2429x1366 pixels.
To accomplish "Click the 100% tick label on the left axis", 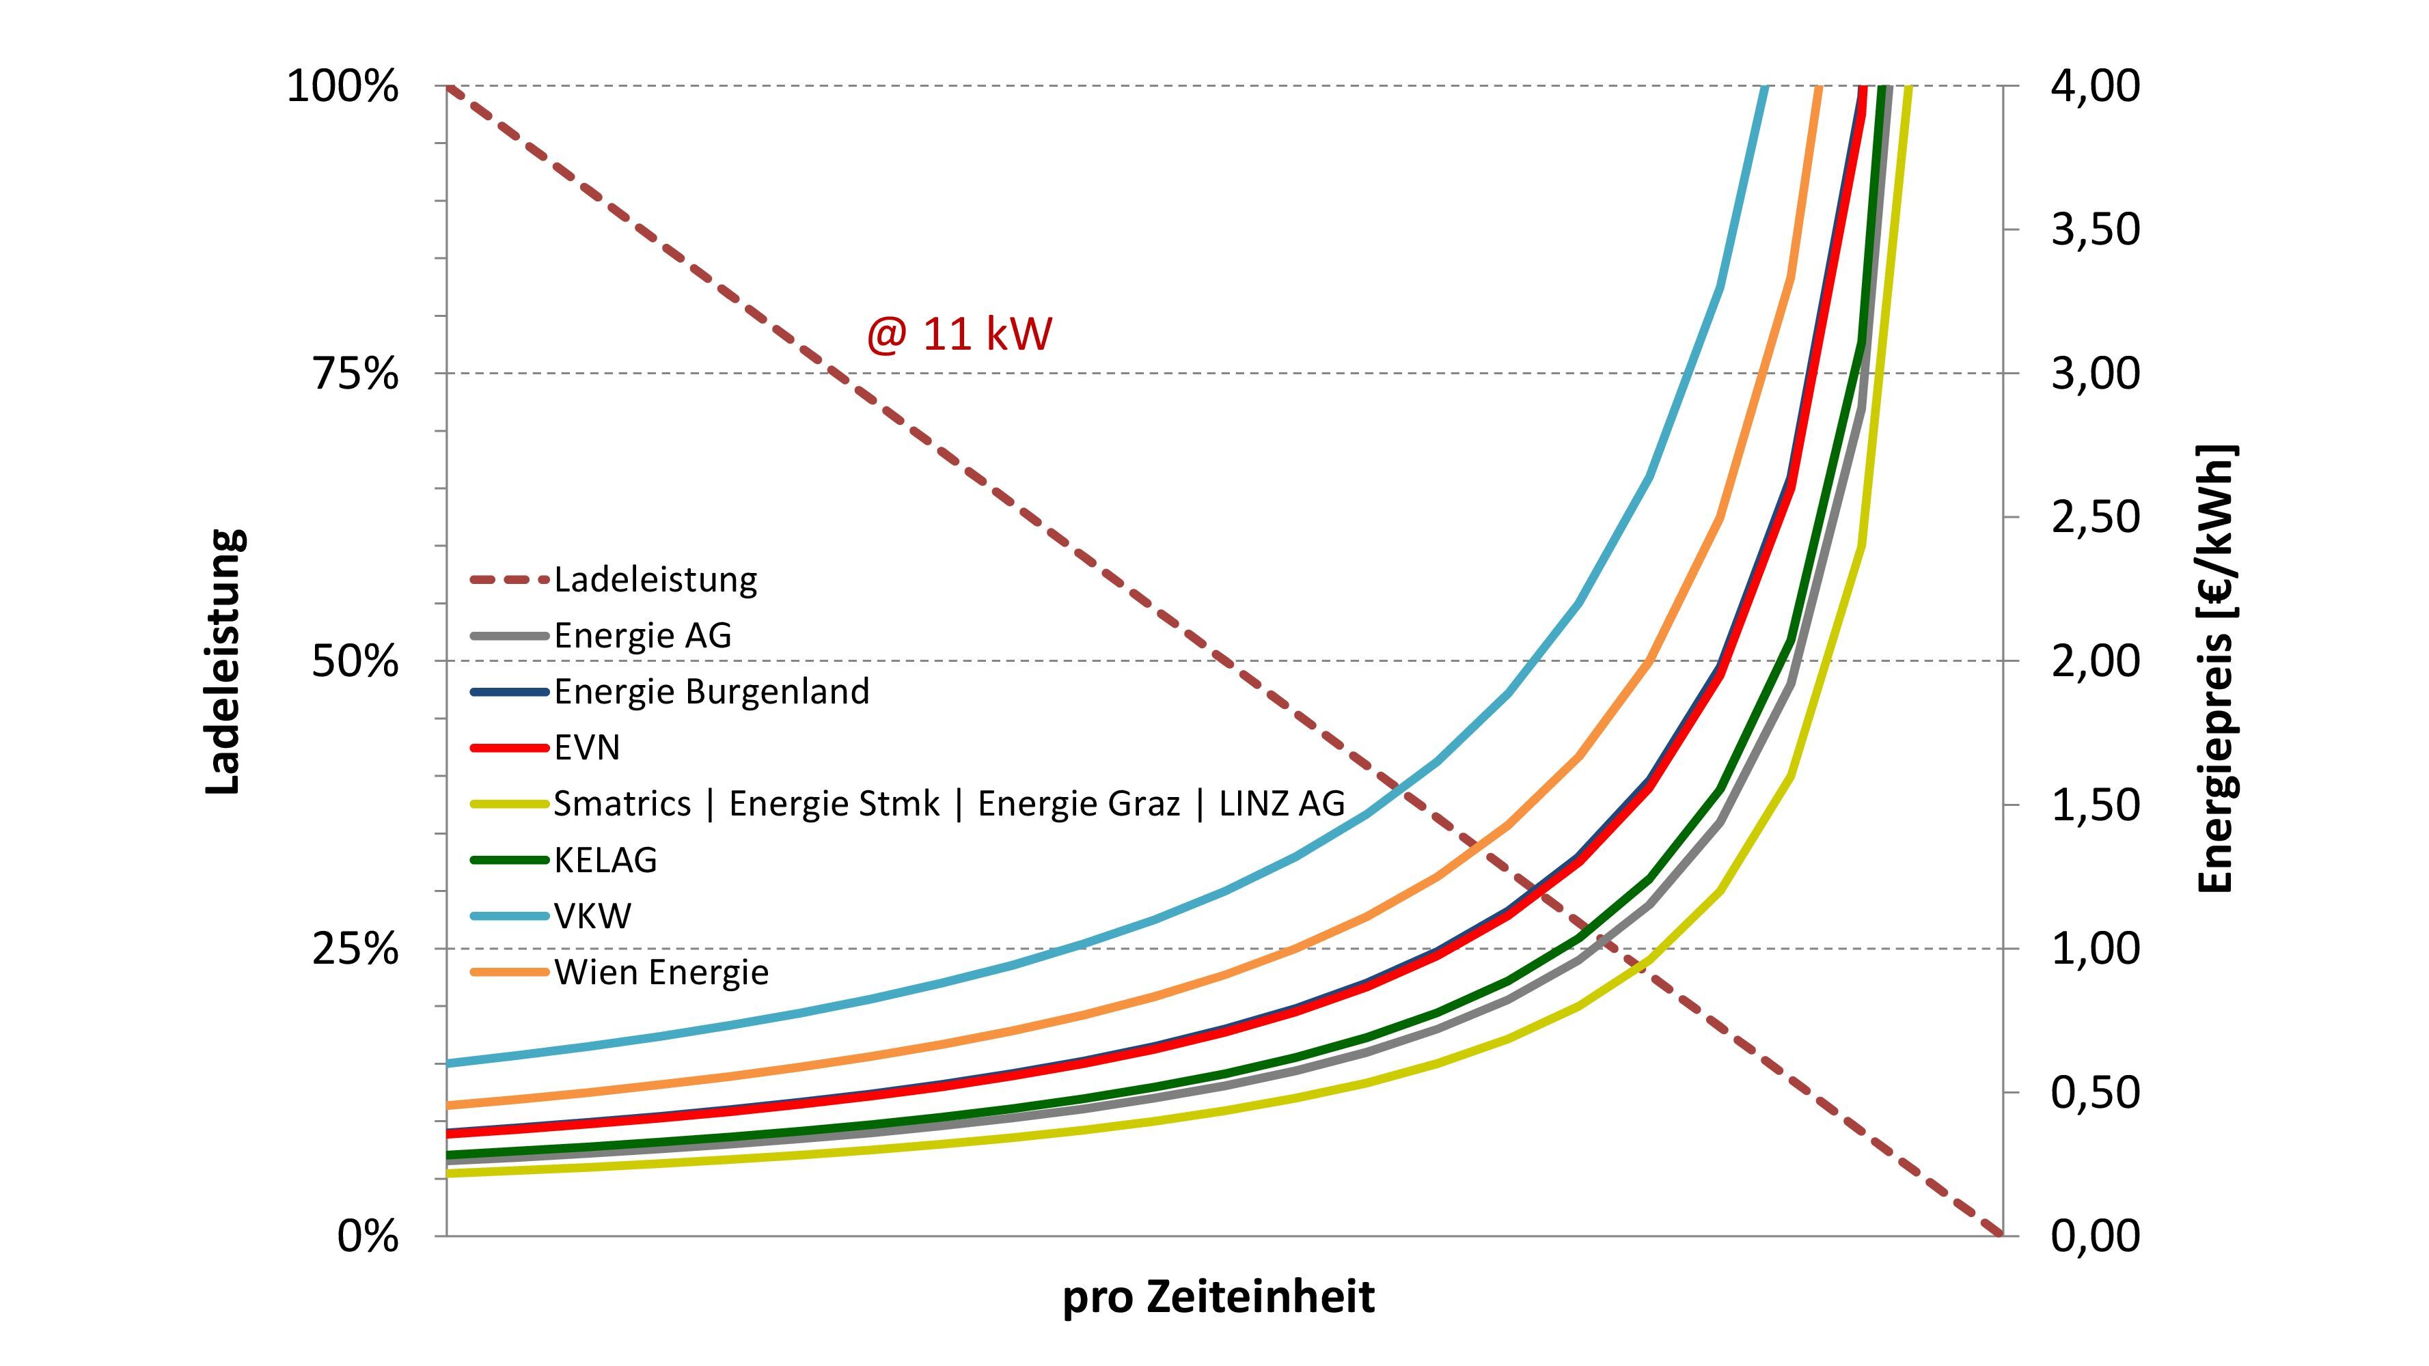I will coord(342,87).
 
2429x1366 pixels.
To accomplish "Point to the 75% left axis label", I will coord(355,374).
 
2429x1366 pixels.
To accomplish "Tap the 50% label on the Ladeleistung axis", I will coord(355,662).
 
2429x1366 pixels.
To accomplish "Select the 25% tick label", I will coord(355,949).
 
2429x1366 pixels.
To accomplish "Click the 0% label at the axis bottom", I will coord(368,1236).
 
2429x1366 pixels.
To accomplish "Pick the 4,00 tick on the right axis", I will coord(2095,87).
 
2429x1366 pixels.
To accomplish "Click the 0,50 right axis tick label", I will coord(2095,1093).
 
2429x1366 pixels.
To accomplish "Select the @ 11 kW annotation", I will coord(959,335).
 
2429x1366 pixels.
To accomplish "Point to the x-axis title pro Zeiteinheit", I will coord(1218,1297).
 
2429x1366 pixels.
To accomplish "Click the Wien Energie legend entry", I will coord(661,972).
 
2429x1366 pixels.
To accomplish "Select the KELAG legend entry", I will coord(605,860).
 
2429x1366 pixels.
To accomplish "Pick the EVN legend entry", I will coord(586,748).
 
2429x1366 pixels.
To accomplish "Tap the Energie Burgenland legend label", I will coord(711,692).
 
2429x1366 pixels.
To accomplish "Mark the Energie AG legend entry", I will coord(642,635).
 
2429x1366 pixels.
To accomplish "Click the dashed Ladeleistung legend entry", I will coord(655,580).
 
